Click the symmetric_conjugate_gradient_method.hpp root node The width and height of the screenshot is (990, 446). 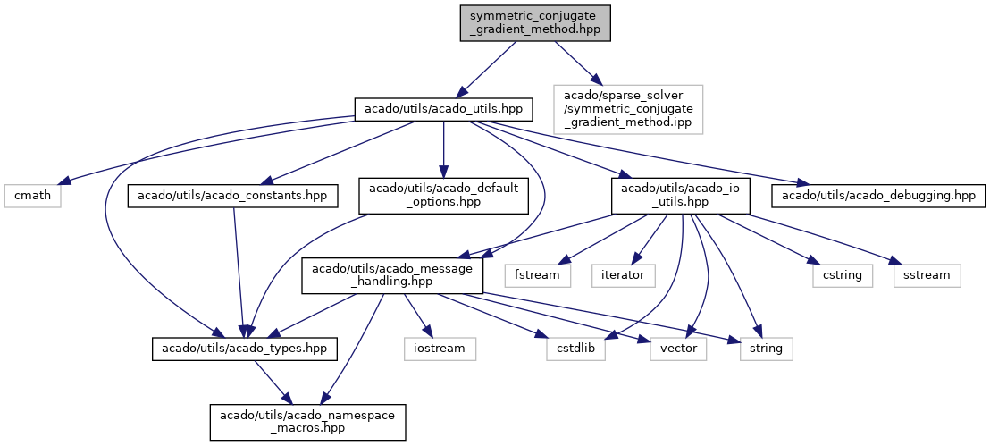pyautogui.click(x=535, y=22)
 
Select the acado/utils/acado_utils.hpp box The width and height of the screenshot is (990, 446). pyautogui.click(x=444, y=110)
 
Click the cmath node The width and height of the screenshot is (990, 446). pyautogui.click(x=32, y=195)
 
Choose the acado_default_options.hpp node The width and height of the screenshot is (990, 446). pyautogui.click(x=443, y=195)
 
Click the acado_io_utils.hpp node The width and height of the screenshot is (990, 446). pyautogui.click(x=679, y=195)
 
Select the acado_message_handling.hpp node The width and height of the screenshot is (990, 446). pyautogui.click(x=392, y=274)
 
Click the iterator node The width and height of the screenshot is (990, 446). pyautogui.click(x=623, y=274)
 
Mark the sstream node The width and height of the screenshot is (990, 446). pyautogui.click(x=927, y=274)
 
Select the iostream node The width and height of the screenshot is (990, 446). pyautogui.click(x=439, y=348)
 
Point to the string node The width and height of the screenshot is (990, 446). pyautogui.click(x=766, y=348)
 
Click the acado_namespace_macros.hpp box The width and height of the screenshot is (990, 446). pyautogui.click(x=308, y=421)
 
